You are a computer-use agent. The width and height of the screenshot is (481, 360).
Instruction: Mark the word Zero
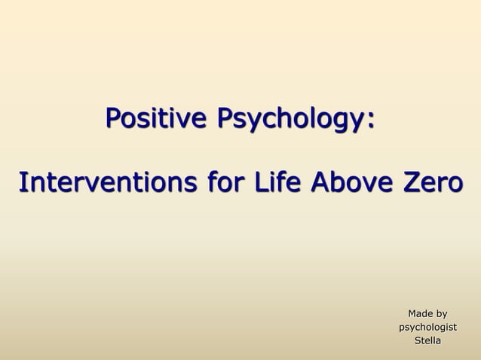click(x=429, y=183)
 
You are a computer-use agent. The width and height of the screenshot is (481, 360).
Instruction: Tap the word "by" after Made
click(x=441, y=314)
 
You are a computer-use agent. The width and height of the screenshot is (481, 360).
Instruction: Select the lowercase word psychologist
click(x=427, y=328)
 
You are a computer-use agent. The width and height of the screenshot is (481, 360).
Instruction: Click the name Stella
click(x=427, y=342)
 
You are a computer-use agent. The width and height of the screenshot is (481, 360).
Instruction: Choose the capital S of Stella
click(x=417, y=342)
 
